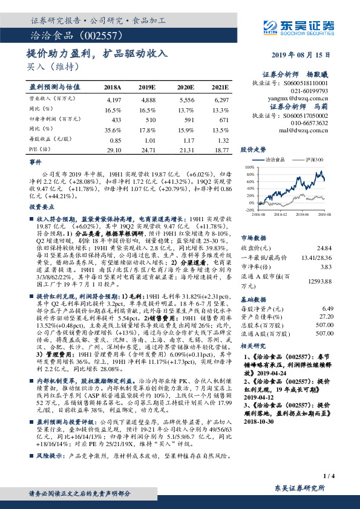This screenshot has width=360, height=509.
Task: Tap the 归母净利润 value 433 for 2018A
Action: tap(113, 120)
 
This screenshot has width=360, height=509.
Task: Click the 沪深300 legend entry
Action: tap(314, 160)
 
